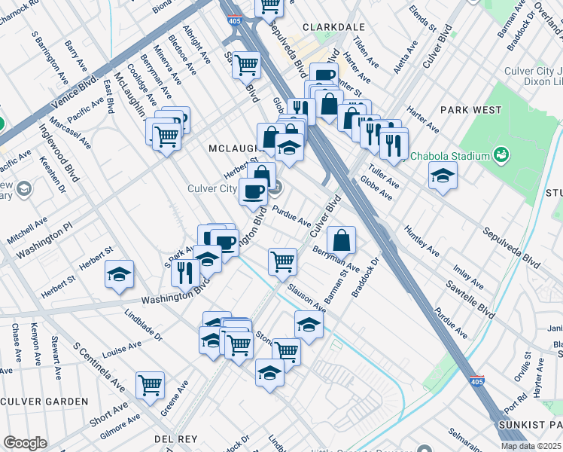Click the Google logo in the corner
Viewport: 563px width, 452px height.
pos(25,443)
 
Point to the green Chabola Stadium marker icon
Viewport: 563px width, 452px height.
pos(502,156)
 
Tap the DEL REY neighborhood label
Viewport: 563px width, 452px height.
pos(175,438)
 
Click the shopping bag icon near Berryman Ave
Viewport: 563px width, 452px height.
pos(341,240)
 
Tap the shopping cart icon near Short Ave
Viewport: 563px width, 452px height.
pos(151,384)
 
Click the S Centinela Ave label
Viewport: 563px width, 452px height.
pos(99,368)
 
